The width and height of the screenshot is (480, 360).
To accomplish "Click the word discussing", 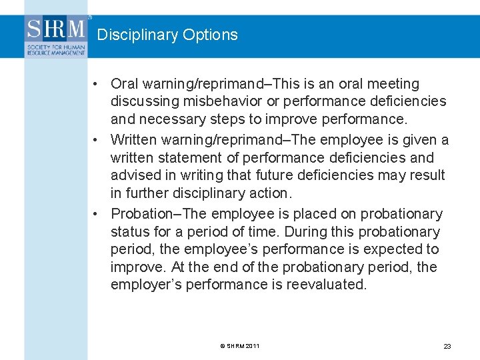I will tap(142, 102).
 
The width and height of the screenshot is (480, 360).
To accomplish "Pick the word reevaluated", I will tap(327, 285).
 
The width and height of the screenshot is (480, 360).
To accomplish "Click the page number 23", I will tap(447, 347).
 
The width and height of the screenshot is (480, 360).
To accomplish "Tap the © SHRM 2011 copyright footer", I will tap(239, 346).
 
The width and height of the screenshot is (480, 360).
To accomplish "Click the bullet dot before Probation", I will tap(97, 214).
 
